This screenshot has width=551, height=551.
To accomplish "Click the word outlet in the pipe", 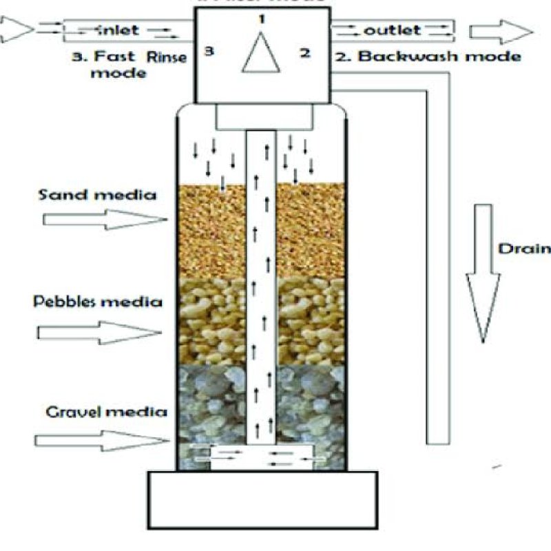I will coord(392,30).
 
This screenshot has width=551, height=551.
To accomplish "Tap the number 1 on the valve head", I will coord(262,19).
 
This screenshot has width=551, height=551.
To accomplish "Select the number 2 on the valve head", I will coord(304,52).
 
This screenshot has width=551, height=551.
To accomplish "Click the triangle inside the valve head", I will coord(262,55).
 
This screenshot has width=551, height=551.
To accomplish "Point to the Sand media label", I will coord(98,195).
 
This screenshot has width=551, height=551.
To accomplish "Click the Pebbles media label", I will coord(98,302).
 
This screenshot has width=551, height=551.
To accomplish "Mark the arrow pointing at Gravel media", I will coord(101,439).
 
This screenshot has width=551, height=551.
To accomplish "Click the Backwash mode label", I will coord(428,56).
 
